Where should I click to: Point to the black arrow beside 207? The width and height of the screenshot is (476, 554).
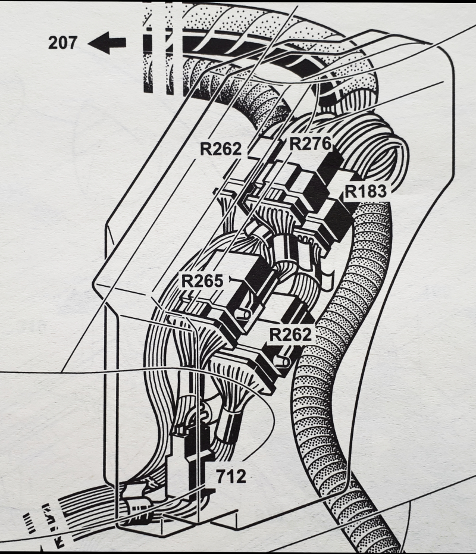107,43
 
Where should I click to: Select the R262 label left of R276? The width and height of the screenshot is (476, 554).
221,149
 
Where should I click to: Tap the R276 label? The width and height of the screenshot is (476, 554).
310,143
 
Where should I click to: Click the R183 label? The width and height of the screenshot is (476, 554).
366,192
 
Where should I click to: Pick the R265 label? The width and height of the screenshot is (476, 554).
203,281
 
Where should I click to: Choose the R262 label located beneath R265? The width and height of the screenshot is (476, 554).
290,334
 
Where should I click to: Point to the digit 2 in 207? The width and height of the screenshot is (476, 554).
55,43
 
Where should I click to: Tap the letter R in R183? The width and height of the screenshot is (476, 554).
350,192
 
